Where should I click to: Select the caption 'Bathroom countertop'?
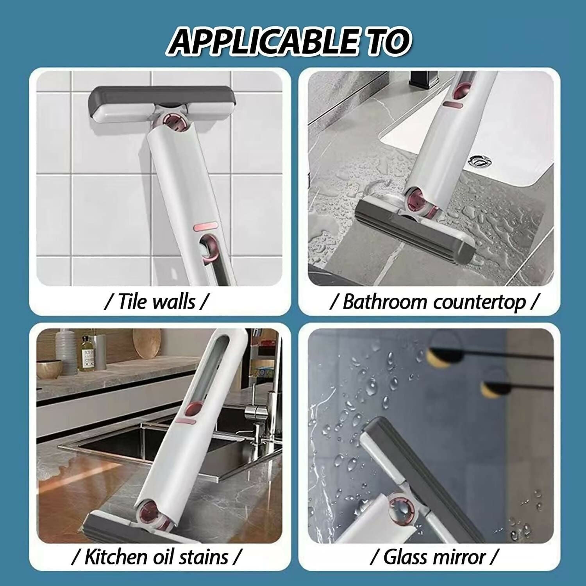click(x=434, y=302)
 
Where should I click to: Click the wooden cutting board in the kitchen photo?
click(x=146, y=344)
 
